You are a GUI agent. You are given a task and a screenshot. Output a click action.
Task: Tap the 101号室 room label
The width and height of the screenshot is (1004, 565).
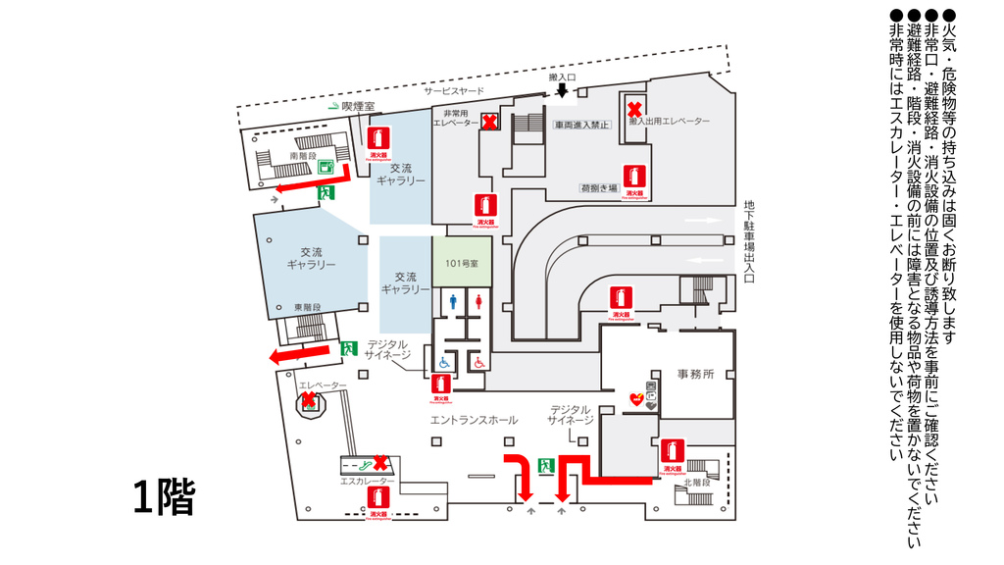(x=460, y=262)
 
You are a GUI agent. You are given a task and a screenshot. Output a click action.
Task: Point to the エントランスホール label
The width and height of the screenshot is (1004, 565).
(x=474, y=420)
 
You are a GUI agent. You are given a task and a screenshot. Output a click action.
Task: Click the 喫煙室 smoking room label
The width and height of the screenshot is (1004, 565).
(x=358, y=106)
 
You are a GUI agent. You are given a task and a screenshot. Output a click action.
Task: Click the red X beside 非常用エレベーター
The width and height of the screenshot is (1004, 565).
(x=488, y=121)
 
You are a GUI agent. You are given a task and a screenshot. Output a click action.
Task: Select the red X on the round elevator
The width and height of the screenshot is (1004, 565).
(x=308, y=399)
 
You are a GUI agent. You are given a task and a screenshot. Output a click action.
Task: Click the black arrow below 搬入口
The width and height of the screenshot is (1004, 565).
(x=562, y=91)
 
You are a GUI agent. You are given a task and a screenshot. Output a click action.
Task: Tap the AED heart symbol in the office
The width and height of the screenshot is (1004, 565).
(x=635, y=399)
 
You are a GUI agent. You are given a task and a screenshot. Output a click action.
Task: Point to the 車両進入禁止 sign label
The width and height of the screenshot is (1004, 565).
(x=582, y=125)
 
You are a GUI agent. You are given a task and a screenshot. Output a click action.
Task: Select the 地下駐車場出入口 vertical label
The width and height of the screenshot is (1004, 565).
(x=748, y=241)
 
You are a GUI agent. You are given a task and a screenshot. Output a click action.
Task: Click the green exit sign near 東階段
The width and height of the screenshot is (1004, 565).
(x=347, y=347)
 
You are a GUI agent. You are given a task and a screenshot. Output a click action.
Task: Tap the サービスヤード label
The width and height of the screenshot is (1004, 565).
(x=454, y=91)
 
